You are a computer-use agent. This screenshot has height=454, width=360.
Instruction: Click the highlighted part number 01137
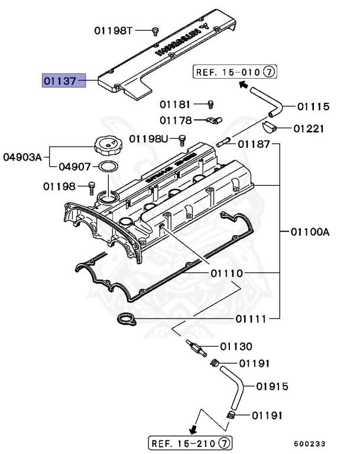[x=63, y=80]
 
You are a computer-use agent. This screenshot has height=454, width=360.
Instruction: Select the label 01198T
[x=115, y=30]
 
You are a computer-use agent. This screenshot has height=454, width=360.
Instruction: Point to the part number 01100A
[x=309, y=232]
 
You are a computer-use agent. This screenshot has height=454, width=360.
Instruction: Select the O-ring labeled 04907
[x=106, y=168]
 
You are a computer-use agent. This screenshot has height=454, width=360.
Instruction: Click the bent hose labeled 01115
[x=267, y=100]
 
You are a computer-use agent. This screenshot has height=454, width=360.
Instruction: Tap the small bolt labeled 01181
[x=209, y=105]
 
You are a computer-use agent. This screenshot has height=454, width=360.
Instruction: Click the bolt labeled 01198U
[x=182, y=139]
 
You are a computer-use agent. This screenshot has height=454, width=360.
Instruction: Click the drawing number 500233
[x=311, y=442]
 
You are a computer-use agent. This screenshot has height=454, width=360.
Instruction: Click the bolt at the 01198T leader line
[x=155, y=30]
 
